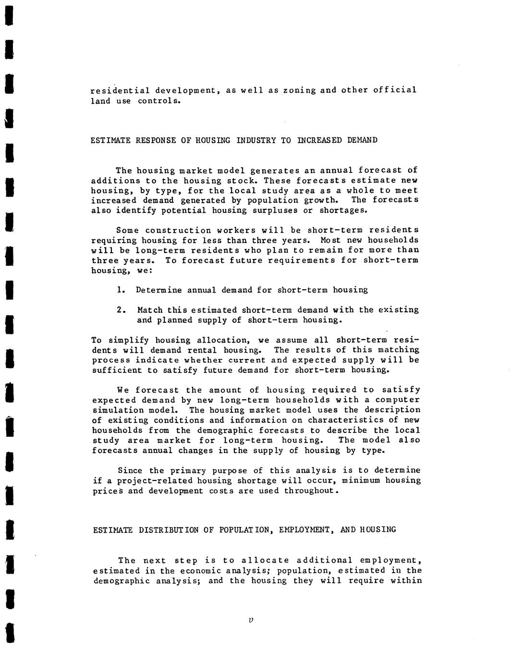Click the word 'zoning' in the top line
[299, 90]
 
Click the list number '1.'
[121, 290]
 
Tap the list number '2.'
[121, 310]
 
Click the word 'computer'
[397, 400]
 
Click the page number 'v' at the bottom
[251, 620]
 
